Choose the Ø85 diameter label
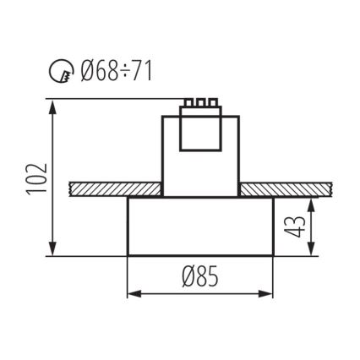coord(200,275)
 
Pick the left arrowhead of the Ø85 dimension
coord(132,293)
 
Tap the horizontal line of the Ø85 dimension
coord(200,293)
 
